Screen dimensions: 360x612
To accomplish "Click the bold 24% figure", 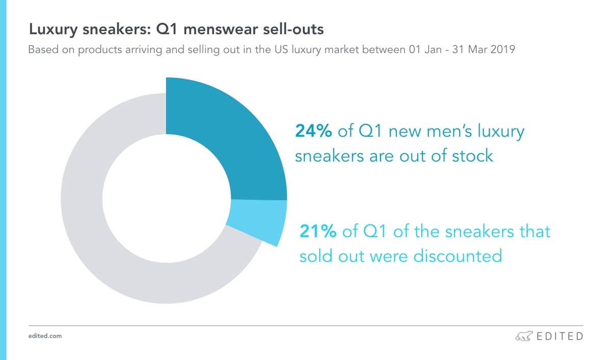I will [x=314, y=132].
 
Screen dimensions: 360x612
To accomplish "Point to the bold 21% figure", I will [x=318, y=232].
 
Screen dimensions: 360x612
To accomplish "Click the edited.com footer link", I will [x=45, y=337].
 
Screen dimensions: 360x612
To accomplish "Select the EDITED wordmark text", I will [x=559, y=336].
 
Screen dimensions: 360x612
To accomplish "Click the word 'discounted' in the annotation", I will [x=457, y=255].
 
